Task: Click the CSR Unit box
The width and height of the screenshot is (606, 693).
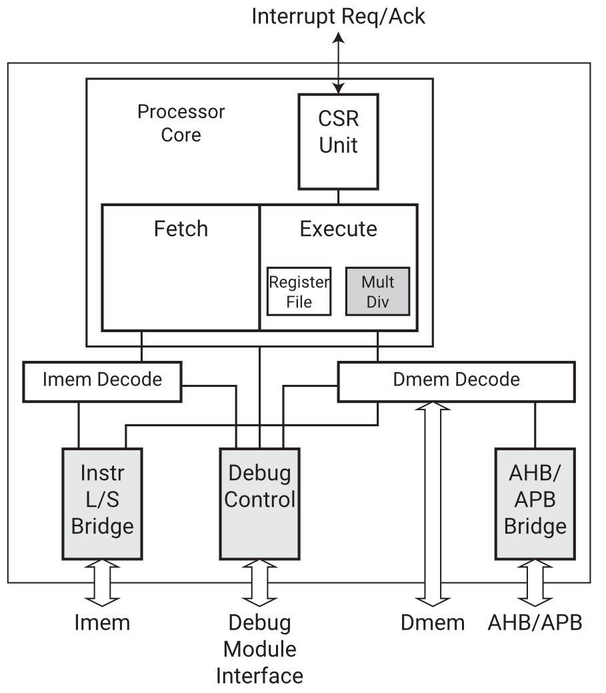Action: pyautogui.click(x=338, y=140)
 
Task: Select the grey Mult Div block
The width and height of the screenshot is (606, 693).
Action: pyautogui.click(x=377, y=291)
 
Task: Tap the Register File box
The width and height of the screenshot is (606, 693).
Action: pyautogui.click(x=299, y=291)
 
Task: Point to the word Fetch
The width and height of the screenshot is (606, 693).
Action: pyautogui.click(x=181, y=229)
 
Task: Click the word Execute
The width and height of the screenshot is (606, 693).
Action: pyautogui.click(x=338, y=229)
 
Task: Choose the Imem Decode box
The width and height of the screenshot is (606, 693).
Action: pyautogui.click(x=102, y=381)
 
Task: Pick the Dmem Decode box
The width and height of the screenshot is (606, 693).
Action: pyautogui.click(x=456, y=381)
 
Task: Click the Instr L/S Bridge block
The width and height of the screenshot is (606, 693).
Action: pyautogui.click(x=102, y=504)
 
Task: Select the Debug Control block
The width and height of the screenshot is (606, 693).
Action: pyautogui.click(x=259, y=504)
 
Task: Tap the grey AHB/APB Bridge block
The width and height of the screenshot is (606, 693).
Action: pyautogui.click(x=535, y=504)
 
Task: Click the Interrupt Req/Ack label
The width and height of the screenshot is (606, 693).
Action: pyautogui.click(x=338, y=16)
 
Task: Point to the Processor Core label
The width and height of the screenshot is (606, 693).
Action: pyautogui.click(x=181, y=123)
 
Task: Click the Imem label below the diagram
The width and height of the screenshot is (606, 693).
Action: pyautogui.click(x=102, y=623)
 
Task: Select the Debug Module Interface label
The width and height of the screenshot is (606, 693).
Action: pyautogui.click(x=259, y=649)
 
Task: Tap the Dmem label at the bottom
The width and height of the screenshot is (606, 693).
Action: pyautogui.click(x=433, y=623)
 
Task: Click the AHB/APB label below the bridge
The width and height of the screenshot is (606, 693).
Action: pyautogui.click(x=535, y=623)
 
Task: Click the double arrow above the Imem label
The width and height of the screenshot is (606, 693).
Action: pyautogui.click(x=102, y=583)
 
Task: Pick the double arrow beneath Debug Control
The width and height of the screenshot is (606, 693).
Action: pyautogui.click(x=259, y=583)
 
